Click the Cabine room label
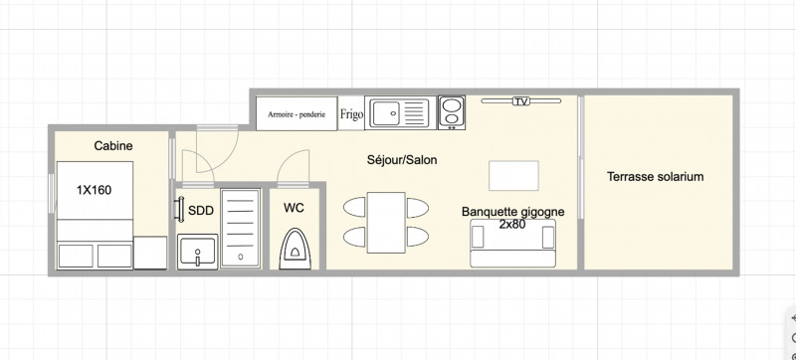[113, 146]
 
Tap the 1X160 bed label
[94, 190]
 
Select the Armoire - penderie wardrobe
[297, 113]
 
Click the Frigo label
[351, 114]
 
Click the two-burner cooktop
[452, 112]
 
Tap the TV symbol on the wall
[520, 101]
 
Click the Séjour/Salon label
[402, 160]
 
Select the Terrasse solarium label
[656, 177]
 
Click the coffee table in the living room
[513, 175]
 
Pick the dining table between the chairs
[386, 222]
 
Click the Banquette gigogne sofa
[512, 244]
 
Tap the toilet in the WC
[295, 249]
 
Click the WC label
[294, 208]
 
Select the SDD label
[201, 211]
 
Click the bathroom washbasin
[197, 252]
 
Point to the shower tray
[241, 227]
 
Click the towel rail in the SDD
[179, 209]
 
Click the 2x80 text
[511, 224]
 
